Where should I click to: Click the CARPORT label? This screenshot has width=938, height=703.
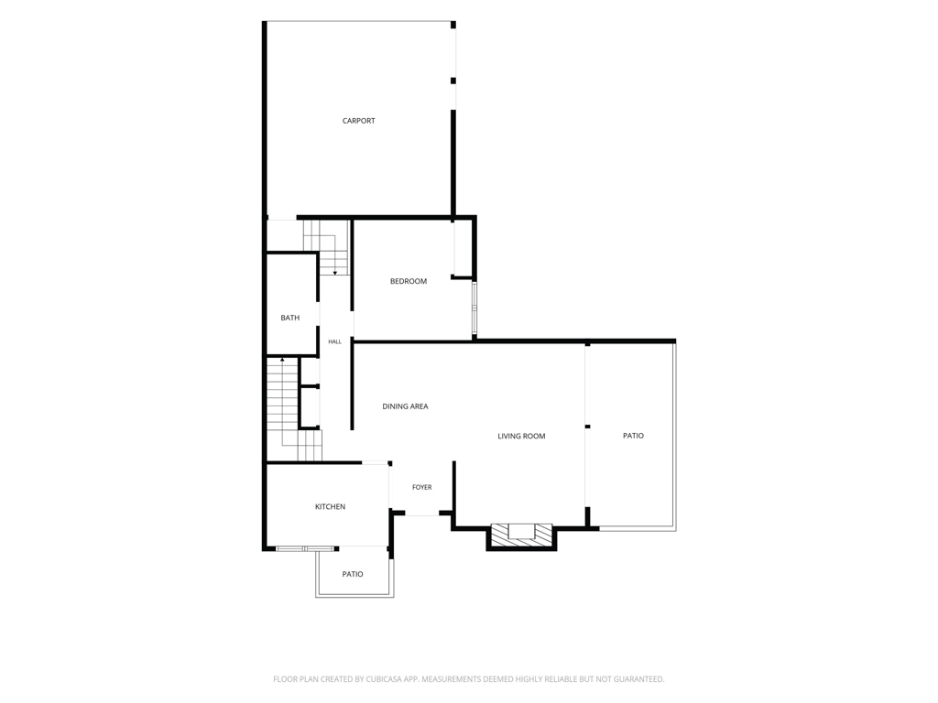[358, 121]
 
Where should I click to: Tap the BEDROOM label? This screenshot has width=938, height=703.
[409, 281]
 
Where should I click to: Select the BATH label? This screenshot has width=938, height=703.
[290, 318]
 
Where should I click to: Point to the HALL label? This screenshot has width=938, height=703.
[335, 342]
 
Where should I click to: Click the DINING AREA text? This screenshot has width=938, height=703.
[405, 406]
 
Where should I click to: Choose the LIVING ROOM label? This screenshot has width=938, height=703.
[521, 437]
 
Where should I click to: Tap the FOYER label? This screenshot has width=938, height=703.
[421, 487]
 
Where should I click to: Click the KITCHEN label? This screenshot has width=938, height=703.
[330, 507]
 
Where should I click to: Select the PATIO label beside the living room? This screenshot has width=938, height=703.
[634, 436]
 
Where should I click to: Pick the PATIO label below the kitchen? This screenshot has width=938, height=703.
[353, 575]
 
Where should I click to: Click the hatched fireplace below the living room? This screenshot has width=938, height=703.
[521, 535]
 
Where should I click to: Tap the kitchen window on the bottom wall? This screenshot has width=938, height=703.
[305, 549]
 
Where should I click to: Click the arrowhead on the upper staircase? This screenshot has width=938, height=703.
[335, 273]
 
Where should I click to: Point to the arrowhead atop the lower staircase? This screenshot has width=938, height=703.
[282, 360]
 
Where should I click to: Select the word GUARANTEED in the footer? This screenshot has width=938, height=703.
[639, 679]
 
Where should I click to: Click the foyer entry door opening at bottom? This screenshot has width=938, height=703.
[422, 514]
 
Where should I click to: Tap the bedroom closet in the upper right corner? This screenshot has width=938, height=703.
[463, 248]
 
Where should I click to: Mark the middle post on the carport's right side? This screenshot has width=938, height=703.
[453, 81]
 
